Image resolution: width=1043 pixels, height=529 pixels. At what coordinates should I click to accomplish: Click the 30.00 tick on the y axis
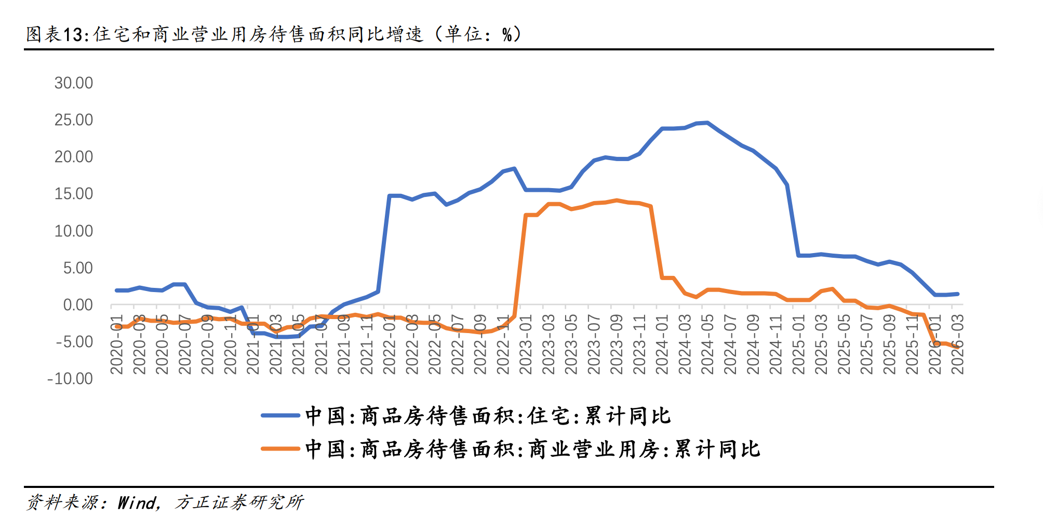tap(74, 83)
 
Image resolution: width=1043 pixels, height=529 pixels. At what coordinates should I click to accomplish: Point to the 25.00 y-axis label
tap(74, 120)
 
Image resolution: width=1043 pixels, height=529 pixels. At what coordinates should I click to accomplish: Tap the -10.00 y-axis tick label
tap(70, 379)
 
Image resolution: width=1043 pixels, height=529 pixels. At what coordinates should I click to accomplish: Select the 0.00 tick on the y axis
tap(78, 305)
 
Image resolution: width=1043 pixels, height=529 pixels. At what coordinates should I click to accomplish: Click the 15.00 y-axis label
tap(74, 194)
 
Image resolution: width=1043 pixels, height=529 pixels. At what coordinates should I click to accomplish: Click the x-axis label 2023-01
tap(526, 344)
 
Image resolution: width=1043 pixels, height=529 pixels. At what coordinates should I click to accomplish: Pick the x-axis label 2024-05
tap(707, 344)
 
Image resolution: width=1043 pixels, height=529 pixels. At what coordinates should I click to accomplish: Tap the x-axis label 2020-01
tap(117, 344)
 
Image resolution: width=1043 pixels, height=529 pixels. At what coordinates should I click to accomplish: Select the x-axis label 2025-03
tap(821, 344)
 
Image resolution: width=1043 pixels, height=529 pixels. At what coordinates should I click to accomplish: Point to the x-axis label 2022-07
tap(458, 344)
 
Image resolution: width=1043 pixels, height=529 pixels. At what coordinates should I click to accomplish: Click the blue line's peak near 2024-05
tap(707, 123)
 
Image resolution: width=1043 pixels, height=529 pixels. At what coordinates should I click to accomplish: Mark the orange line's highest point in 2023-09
tap(617, 200)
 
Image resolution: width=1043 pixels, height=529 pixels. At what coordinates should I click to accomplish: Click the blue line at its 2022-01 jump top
tap(390, 196)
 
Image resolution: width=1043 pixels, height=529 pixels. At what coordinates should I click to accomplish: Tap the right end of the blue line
tap(957, 294)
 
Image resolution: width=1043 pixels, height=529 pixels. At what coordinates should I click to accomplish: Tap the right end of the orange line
tap(957, 347)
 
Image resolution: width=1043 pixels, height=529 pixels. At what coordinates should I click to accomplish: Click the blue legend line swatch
tap(280, 416)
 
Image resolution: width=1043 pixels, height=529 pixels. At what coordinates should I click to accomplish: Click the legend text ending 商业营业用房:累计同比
tap(532, 449)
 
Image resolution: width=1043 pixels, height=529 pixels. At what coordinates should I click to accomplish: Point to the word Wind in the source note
tap(137, 502)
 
